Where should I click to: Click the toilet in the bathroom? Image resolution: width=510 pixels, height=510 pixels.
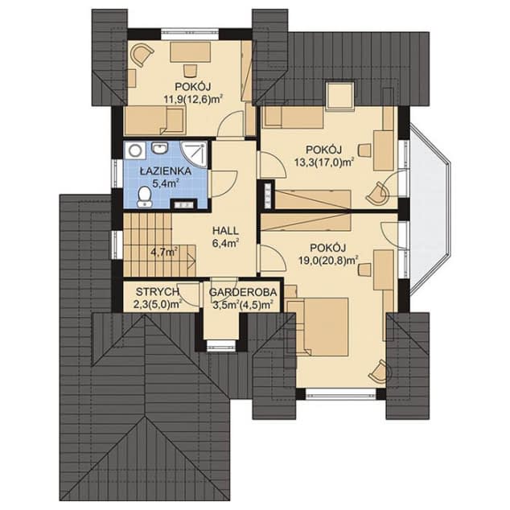tap(144, 197)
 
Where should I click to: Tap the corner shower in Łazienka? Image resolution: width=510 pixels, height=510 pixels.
tap(194, 154)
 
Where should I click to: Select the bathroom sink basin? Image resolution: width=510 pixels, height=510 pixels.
tap(159, 148)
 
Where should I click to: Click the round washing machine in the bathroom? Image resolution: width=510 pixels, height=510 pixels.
tap(134, 150)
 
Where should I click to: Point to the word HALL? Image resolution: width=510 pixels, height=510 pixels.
tap(225, 231)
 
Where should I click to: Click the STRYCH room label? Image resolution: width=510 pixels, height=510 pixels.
tap(158, 292)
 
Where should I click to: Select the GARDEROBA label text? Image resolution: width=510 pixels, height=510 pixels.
tap(243, 292)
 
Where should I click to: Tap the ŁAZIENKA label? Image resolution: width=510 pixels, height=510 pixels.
tap(166, 171)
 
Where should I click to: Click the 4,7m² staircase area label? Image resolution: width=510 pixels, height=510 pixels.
tap(164, 252)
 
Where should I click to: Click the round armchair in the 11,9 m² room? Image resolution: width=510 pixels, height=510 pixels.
tap(142, 54)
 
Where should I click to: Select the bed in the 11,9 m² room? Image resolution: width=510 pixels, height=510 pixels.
tap(154, 121)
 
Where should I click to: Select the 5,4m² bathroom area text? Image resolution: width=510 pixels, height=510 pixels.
tap(167, 183)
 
